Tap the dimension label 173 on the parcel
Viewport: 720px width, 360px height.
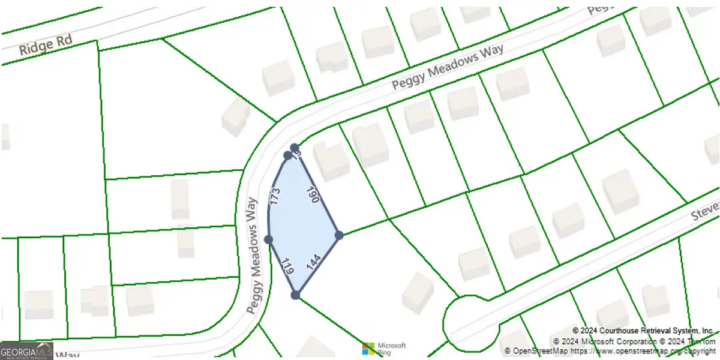(x=275, y=197)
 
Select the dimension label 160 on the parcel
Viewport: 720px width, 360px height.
(x=314, y=196)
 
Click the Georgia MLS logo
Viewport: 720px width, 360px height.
(x=26, y=350)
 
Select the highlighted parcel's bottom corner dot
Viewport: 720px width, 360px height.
(x=295, y=295)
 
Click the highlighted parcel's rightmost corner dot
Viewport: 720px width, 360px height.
(x=339, y=235)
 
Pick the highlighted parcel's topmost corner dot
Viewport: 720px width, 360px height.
(x=295, y=148)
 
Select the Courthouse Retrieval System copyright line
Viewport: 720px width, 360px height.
(x=643, y=331)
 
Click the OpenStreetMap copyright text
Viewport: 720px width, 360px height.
(x=609, y=350)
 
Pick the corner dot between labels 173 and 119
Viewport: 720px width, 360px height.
(x=268, y=240)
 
